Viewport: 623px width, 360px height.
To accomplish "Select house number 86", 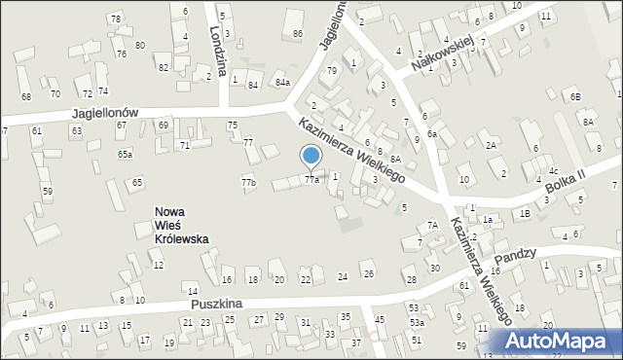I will coord(297,33).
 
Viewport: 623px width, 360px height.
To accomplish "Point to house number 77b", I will coord(248,182).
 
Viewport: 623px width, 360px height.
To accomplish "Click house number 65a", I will coord(126,154).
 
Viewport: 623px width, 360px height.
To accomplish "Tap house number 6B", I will coord(575,96).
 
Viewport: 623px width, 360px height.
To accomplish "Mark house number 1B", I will coord(525,213).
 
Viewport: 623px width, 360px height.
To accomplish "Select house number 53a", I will coord(417,322).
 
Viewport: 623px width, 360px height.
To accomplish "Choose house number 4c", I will coord(553,171).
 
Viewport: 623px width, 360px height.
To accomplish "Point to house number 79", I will coord(332,70).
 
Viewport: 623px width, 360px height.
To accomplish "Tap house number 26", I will coord(367,274).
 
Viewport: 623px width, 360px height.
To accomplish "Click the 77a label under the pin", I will coord(311,179).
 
